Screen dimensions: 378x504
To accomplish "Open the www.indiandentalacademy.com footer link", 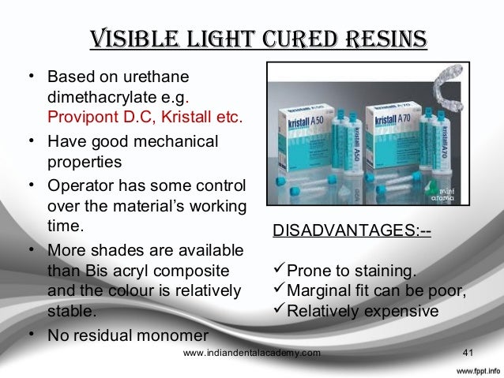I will coord(251,353).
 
